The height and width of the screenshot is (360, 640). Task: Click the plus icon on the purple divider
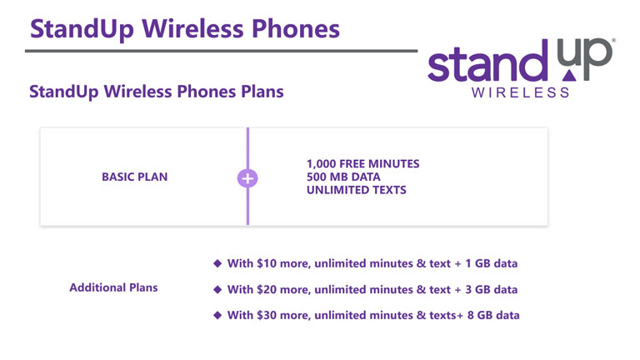coord(247,178)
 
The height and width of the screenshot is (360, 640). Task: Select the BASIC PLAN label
coord(135,177)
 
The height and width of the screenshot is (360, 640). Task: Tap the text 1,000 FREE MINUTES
coord(362,164)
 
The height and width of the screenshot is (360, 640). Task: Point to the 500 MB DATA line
coord(343,177)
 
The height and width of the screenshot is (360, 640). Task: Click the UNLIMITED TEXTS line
coord(357,190)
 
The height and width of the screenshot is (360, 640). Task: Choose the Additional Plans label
coord(113,287)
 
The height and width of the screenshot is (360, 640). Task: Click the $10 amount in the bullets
coord(267,263)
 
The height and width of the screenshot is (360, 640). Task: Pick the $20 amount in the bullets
coord(267,289)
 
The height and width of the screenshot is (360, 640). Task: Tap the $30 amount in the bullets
coord(267,315)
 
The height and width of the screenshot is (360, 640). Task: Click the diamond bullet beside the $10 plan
coord(217,263)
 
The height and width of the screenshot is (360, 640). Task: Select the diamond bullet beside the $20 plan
coord(217,289)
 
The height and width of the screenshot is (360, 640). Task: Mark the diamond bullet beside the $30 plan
coord(217,315)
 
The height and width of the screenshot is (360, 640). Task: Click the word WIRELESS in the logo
coord(520,92)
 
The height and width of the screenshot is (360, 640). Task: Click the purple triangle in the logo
coord(569,76)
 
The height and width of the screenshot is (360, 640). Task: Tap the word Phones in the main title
coord(296,29)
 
